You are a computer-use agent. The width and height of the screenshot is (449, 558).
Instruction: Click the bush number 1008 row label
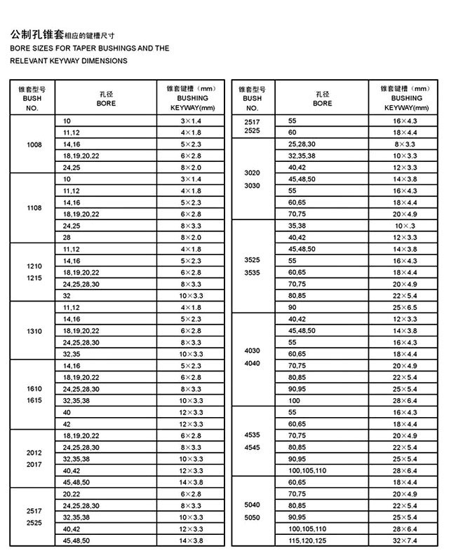(x=34, y=144)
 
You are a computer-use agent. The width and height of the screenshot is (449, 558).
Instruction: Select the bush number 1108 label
(x=34, y=208)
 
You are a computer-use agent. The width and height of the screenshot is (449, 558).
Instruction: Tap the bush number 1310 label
(x=34, y=331)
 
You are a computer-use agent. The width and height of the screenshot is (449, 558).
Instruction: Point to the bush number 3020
(x=251, y=172)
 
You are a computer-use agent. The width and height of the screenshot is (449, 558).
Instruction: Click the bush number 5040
(x=251, y=505)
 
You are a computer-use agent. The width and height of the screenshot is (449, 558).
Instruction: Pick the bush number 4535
(x=251, y=435)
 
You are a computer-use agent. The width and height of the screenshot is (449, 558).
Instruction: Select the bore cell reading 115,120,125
(x=308, y=540)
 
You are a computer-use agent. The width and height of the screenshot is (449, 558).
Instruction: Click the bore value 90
(x=293, y=307)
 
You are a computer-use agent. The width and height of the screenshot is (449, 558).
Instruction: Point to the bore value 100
(x=294, y=400)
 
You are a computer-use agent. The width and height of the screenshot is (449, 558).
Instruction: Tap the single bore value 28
(x=67, y=238)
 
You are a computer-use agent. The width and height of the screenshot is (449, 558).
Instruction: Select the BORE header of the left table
(x=106, y=103)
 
